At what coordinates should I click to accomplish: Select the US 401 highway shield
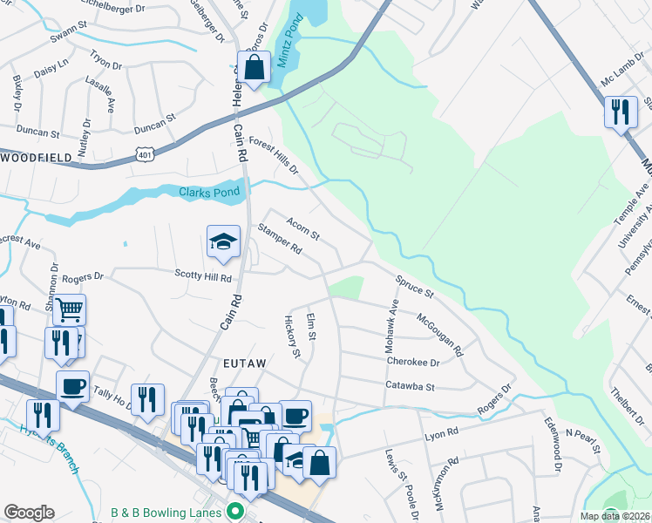(x=145, y=154)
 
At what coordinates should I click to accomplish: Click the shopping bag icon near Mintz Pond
(x=255, y=68)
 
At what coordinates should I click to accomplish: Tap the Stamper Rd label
(x=280, y=239)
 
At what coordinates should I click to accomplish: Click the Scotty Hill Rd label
(x=202, y=278)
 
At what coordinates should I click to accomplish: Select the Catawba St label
(x=410, y=384)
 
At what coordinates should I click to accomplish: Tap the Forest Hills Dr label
(x=274, y=154)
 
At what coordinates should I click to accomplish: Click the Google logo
(x=29, y=513)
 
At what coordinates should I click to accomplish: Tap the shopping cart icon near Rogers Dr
(x=69, y=309)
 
